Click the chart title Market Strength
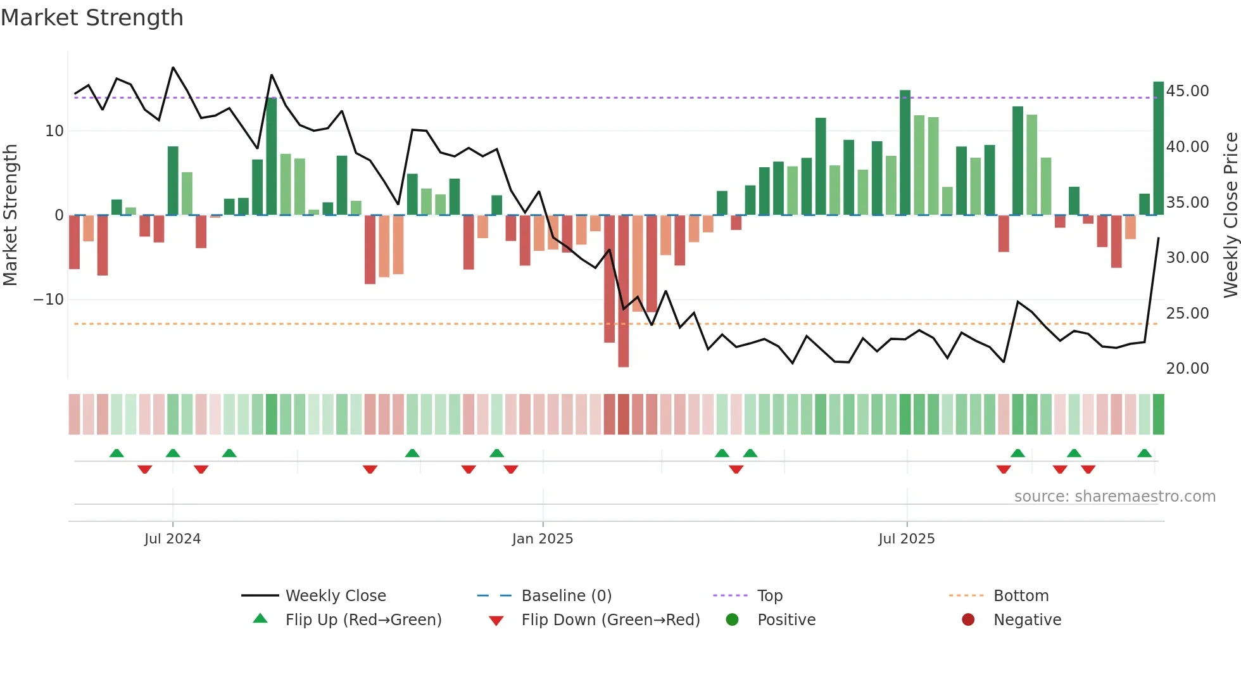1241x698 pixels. tap(92, 18)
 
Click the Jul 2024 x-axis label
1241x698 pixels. tap(172, 539)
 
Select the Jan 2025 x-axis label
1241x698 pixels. tap(543, 539)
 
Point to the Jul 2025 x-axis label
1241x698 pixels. tap(906, 539)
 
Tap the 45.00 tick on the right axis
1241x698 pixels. tap(1187, 91)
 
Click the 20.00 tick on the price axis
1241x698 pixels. tap(1187, 369)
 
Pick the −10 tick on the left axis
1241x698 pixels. tap(48, 300)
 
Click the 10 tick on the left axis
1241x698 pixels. tap(54, 131)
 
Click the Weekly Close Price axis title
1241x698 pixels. tap(1230, 215)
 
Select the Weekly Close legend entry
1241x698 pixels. tap(336, 596)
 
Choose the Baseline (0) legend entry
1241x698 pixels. tap(566, 596)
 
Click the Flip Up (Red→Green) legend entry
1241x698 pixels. tap(363, 620)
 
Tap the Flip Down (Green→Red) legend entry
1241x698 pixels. tap(610, 620)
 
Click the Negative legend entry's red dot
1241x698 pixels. tap(968, 620)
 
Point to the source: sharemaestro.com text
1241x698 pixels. tap(1114, 497)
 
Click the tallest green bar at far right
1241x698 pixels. tap(1158, 149)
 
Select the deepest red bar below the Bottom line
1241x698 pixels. tap(624, 291)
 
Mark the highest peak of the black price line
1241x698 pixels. tap(173, 68)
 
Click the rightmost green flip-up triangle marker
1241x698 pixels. tap(1144, 454)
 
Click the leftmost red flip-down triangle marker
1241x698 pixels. tap(144, 469)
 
